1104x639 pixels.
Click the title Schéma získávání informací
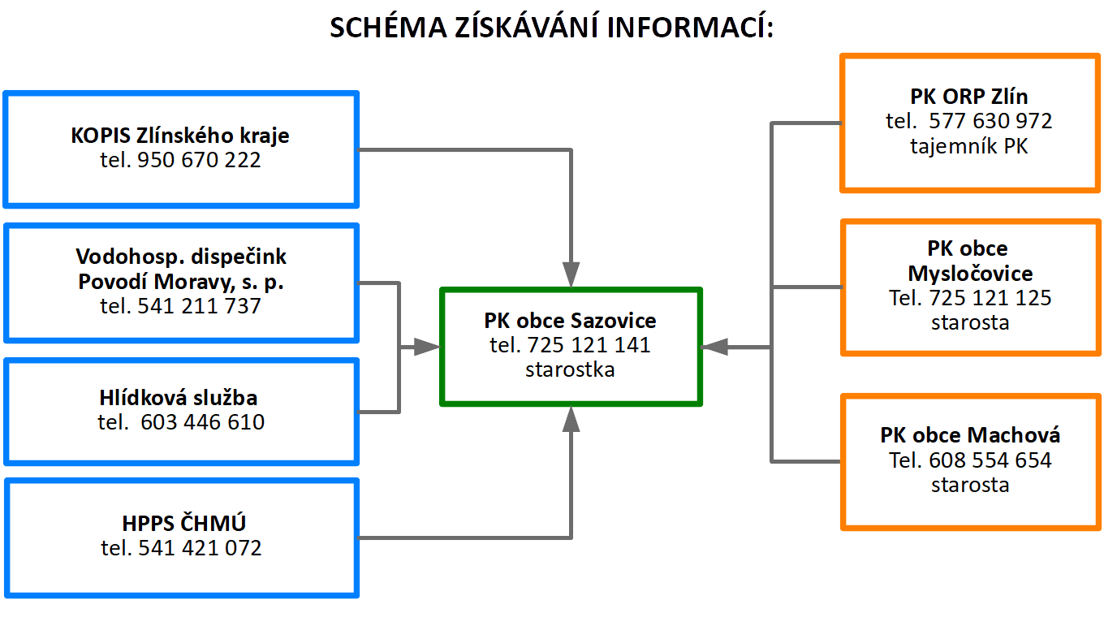point(551,27)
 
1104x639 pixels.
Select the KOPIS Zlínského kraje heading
point(180,136)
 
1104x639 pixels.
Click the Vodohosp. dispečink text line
point(181,257)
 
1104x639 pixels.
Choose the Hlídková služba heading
point(179,397)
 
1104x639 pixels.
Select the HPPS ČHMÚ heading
point(183,523)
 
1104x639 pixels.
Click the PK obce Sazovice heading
point(570,321)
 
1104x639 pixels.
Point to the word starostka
point(570,369)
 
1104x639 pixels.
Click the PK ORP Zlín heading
point(969,96)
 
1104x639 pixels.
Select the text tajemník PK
point(969,146)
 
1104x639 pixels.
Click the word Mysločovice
point(970,273)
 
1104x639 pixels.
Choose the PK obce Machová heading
point(970,435)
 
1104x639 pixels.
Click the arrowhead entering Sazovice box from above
point(571,274)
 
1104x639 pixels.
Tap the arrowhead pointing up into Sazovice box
point(571,419)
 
